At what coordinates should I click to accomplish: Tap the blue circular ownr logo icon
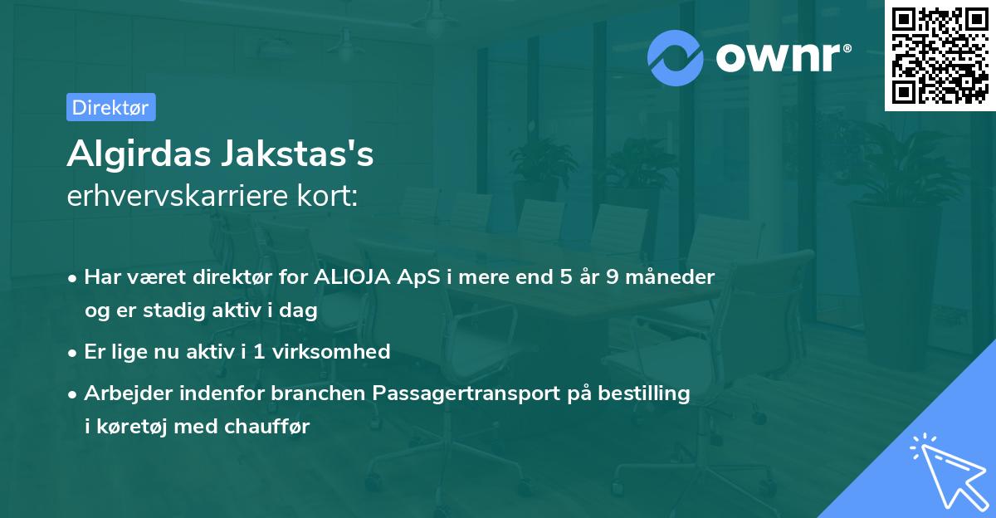coord(676,58)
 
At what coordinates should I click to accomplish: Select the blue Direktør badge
coord(110,107)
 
